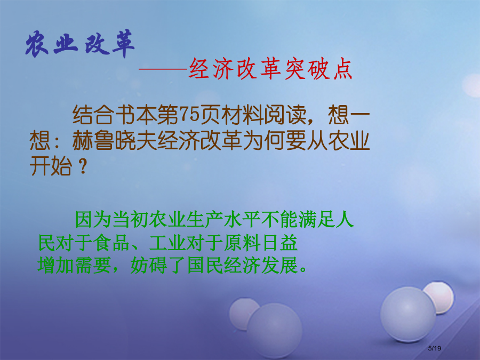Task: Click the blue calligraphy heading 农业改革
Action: (x=80, y=44)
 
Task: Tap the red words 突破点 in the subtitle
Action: (x=318, y=69)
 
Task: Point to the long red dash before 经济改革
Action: (x=163, y=69)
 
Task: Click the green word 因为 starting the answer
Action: (x=93, y=219)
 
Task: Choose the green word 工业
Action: (x=167, y=243)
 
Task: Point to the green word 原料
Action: (x=242, y=243)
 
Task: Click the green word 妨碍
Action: (x=149, y=265)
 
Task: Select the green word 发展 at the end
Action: (x=279, y=265)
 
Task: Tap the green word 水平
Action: (x=242, y=219)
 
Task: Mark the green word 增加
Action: (x=56, y=265)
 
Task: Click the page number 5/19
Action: (x=434, y=348)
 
